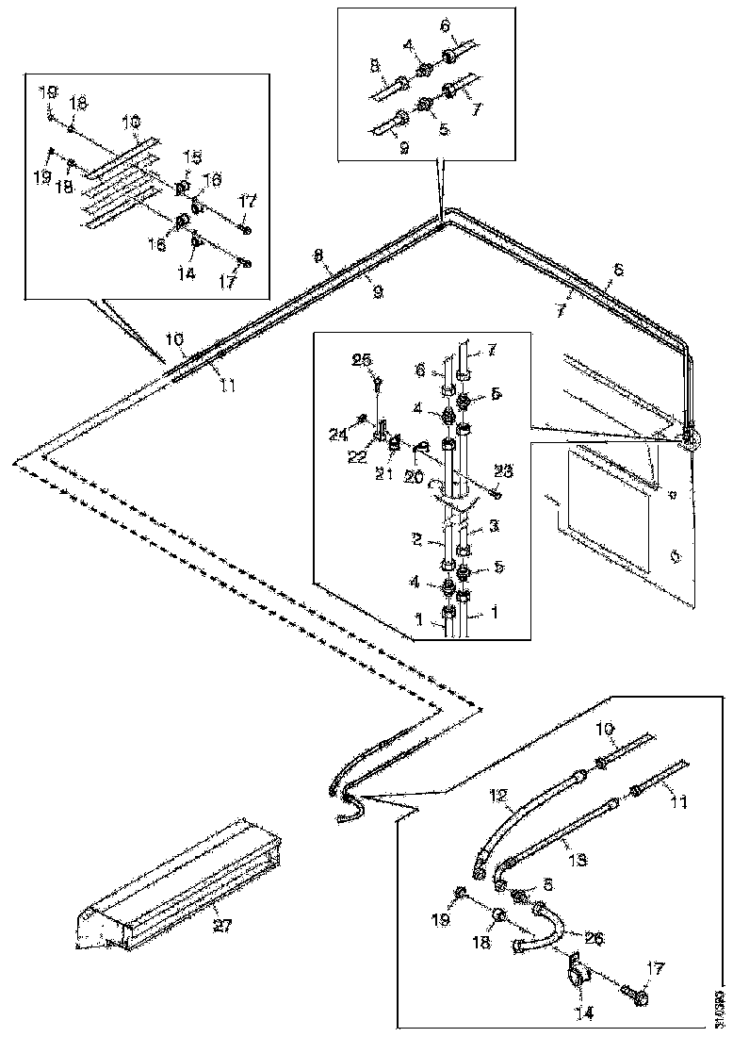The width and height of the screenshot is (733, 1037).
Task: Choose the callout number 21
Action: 383,473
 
